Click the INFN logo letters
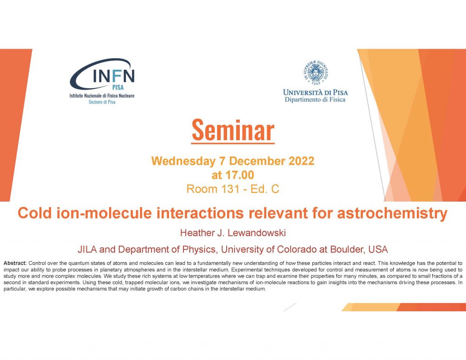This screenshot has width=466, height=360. coord(114,76)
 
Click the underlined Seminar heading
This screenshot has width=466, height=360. coord(233,131)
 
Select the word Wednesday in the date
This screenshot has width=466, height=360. coord(183,161)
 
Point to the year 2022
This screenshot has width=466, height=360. coord(301,161)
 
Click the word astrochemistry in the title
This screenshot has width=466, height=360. coord(392,213)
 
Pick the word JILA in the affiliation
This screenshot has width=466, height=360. coord(87,249)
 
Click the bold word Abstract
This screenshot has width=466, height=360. coord(15,263)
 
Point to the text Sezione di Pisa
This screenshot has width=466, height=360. coord(102,102)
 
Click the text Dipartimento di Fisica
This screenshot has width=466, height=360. coord(315,100)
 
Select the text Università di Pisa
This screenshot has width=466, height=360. coord(315,92)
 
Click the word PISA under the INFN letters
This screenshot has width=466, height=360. coord(118,87)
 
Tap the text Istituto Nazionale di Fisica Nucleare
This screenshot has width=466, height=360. coord(102,96)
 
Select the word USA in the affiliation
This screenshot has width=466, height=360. coord(378,249)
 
